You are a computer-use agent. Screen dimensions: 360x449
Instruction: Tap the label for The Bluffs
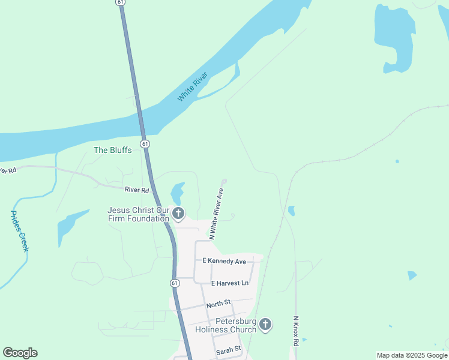click(112, 150)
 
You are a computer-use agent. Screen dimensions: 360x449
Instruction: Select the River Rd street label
click(137, 190)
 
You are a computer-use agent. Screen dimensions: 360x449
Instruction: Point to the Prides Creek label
click(20, 231)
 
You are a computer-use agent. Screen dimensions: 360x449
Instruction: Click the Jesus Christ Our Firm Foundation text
click(138, 214)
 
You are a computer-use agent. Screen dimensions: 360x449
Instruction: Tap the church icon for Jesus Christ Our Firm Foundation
click(178, 214)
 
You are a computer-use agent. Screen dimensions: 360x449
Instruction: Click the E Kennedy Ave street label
click(224, 262)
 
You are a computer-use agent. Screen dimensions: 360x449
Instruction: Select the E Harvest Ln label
click(229, 283)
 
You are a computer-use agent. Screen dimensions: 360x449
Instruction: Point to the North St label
click(218, 305)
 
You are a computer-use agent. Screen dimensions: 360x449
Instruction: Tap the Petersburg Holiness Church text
click(226, 325)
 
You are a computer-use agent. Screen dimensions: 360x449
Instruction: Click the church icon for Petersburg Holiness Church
click(265, 325)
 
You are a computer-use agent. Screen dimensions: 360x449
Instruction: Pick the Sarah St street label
click(228, 349)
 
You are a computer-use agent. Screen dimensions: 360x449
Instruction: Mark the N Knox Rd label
click(296, 331)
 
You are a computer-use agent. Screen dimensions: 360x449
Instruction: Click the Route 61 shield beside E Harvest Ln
click(173, 283)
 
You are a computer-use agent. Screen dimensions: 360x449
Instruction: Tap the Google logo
click(20, 353)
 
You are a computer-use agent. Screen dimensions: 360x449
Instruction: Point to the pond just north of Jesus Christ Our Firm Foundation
click(177, 193)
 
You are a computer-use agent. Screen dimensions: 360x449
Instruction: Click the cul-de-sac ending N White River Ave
click(224, 182)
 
